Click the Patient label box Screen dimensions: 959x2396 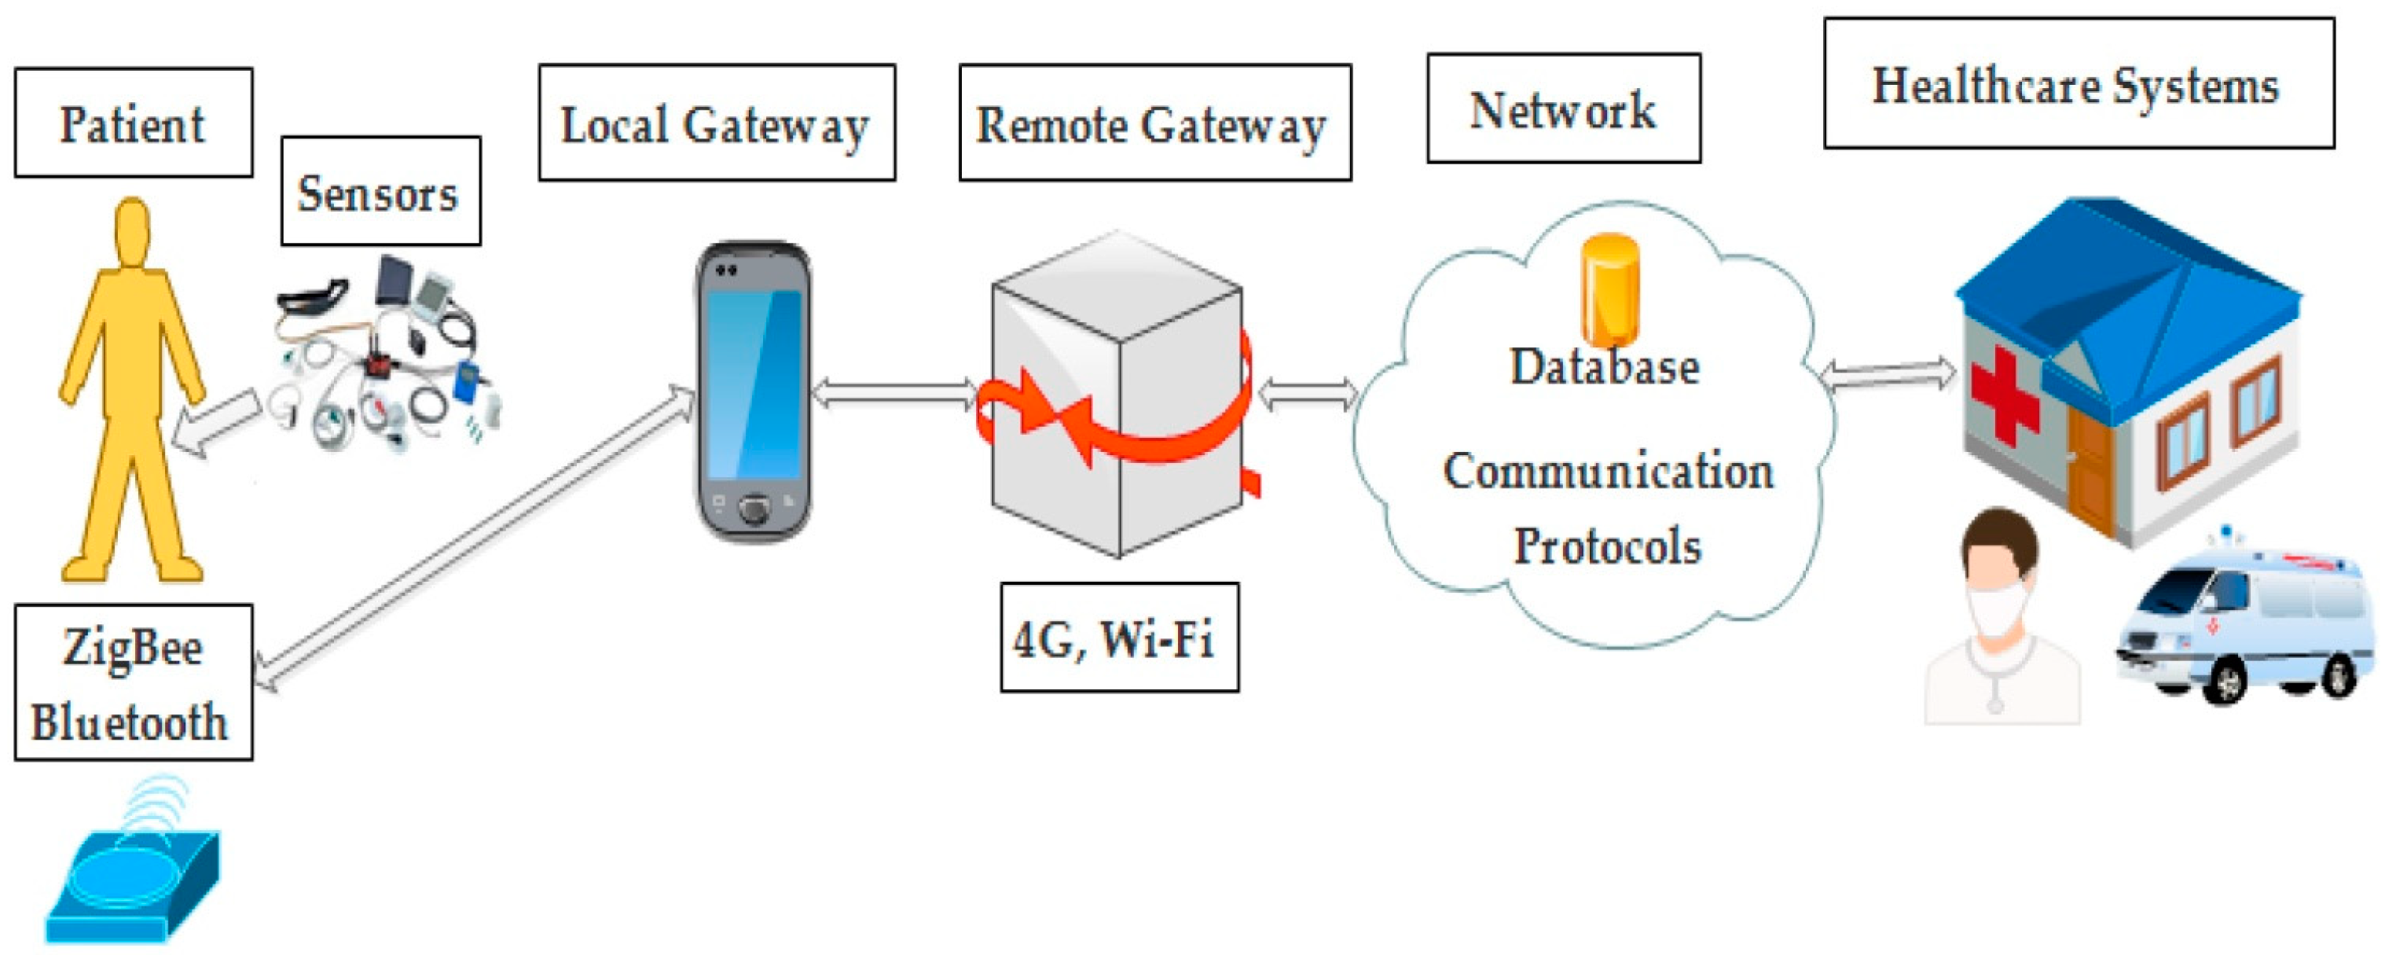click(x=133, y=123)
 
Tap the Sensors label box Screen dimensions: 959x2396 click(x=380, y=192)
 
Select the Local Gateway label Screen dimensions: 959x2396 click(x=716, y=123)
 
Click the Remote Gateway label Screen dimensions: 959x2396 click(x=1154, y=123)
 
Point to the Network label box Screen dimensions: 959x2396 click(x=1564, y=108)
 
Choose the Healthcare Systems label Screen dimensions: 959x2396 click(x=2078, y=83)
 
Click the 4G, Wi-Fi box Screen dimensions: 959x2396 click(x=1119, y=638)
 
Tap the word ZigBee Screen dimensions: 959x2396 click(x=133, y=648)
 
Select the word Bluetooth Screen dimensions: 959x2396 click(x=130, y=722)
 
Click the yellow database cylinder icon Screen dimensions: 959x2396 click(x=1610, y=288)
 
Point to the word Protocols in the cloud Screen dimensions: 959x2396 click(x=1608, y=546)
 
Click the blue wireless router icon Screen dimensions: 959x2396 click(x=133, y=879)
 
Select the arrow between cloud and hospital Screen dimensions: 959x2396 click(x=1888, y=375)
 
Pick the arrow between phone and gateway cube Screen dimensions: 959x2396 click(x=893, y=394)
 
